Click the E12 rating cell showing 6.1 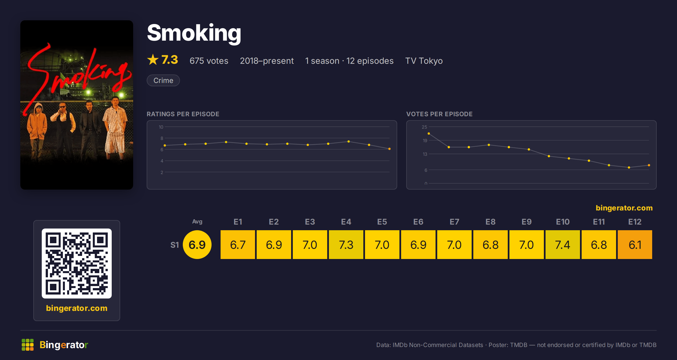635,244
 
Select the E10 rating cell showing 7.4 562,244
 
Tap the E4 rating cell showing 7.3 346,244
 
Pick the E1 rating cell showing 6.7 238,244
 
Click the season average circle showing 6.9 197,245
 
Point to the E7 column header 454,222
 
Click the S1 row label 175,245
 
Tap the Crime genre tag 163,80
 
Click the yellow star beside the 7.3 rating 153,60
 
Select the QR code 77,263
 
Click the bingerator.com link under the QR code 77,308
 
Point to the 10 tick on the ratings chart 161,127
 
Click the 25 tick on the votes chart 425,127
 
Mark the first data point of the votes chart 429,133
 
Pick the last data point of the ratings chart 390,149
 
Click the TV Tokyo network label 424,61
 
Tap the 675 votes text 209,61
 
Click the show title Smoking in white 194,33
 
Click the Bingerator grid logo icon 28,345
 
